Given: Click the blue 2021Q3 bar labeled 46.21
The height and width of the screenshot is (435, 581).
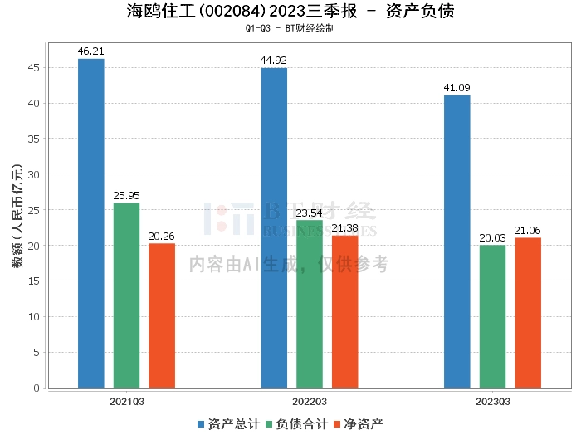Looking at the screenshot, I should [x=91, y=223].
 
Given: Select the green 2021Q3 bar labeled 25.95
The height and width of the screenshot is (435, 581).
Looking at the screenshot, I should [x=127, y=296].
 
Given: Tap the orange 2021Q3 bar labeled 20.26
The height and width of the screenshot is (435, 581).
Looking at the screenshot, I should [x=162, y=315].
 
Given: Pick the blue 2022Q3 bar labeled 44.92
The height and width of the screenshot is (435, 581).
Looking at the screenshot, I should [x=274, y=227].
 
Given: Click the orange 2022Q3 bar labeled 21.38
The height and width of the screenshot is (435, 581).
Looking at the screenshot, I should [x=345, y=311].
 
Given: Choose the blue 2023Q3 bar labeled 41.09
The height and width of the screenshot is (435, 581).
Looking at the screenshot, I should [x=457, y=242].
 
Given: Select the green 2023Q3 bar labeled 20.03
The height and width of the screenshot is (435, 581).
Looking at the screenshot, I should [x=492, y=316].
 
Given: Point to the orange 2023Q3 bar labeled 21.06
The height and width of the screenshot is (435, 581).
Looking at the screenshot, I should [x=528, y=313].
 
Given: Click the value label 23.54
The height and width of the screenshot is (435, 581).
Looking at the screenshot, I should [x=310, y=213].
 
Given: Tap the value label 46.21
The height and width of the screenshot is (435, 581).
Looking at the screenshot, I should [x=91, y=51].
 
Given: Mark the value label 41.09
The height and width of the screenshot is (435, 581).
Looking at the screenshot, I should [x=457, y=88].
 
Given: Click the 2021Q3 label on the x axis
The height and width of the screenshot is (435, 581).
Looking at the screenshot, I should [x=127, y=402].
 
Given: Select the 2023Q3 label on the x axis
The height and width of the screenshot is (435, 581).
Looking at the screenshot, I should [x=493, y=402].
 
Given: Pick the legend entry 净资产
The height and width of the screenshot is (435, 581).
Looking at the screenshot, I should [x=358, y=424].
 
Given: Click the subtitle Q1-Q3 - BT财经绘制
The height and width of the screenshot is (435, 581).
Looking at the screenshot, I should [x=290, y=28].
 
